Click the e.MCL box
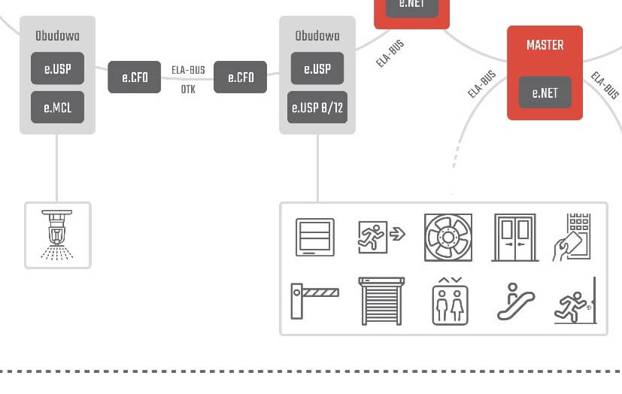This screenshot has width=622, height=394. click(x=57, y=108)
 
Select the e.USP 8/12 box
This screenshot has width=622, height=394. click(x=317, y=108)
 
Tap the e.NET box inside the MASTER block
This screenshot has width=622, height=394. click(x=545, y=93)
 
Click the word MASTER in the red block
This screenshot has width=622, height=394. click(x=545, y=45)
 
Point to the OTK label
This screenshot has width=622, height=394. click(x=188, y=89)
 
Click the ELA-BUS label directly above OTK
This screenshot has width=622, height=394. click(x=188, y=71)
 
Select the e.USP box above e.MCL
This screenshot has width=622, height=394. click(x=57, y=69)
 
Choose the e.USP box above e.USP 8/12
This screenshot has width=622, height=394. click(x=317, y=69)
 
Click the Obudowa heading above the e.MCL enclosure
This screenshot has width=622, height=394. click(x=57, y=35)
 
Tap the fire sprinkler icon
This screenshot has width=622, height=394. click(x=57, y=235)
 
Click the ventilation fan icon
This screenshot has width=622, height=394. click(x=448, y=238)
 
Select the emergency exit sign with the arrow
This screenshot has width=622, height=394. click(x=381, y=235)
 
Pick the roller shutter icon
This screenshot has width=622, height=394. click(x=381, y=301)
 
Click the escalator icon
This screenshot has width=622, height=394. click(x=515, y=302)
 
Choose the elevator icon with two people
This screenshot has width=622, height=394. click(x=450, y=301)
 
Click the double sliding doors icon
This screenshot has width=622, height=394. click(x=514, y=238)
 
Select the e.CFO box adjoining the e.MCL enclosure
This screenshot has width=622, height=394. click(x=135, y=77)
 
